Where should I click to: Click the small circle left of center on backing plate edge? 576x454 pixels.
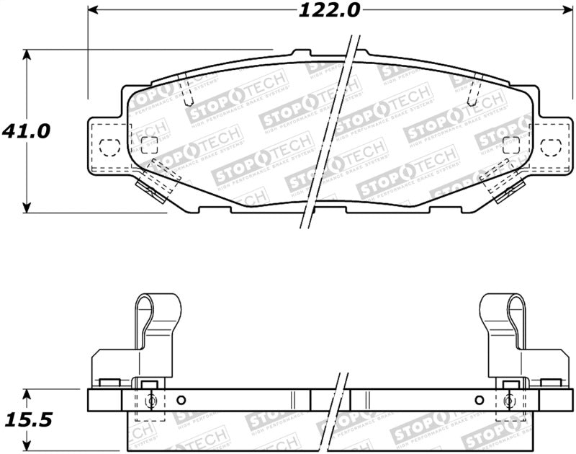[x=181, y=401]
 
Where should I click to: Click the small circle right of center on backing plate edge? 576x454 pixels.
[x=479, y=401]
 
